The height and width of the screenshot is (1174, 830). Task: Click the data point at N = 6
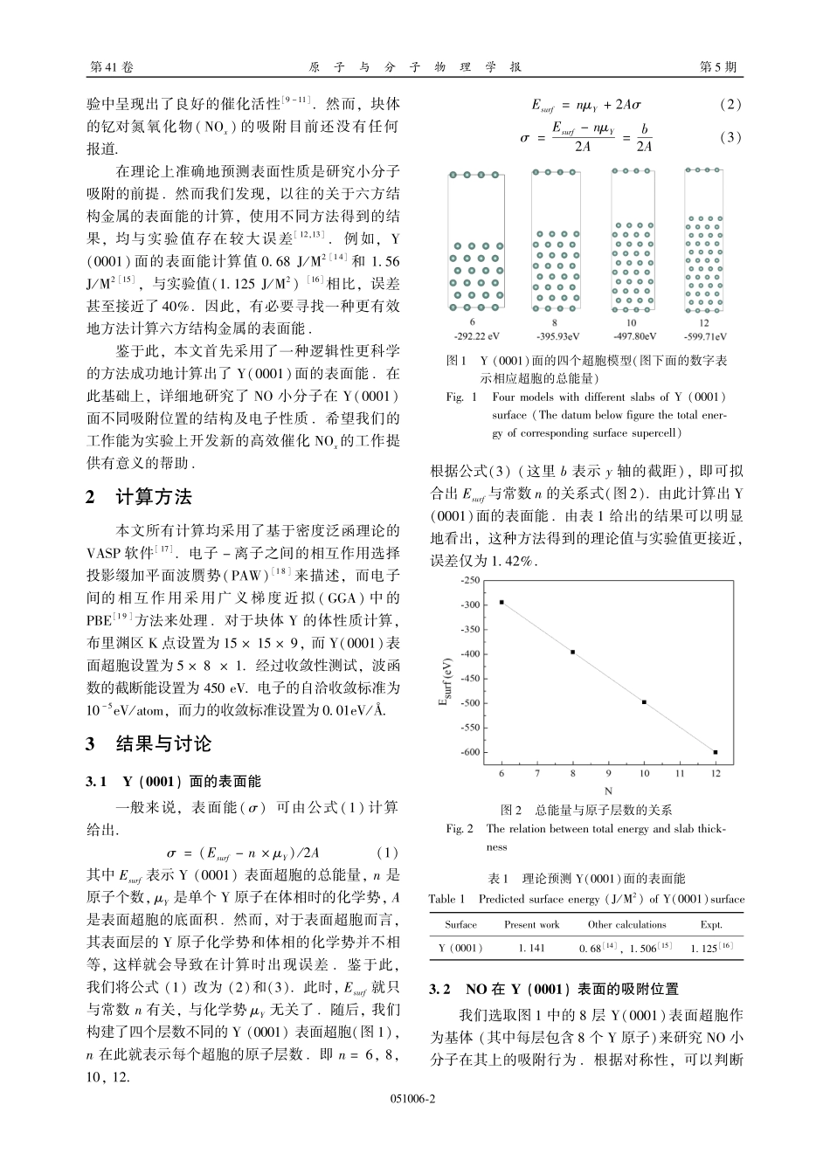tap(501, 602)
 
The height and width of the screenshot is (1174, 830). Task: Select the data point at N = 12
tap(716, 752)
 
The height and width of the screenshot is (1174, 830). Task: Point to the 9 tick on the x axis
tap(609, 773)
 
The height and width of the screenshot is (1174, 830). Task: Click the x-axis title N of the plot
tap(608, 790)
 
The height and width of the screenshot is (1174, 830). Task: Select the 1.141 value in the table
tap(531, 947)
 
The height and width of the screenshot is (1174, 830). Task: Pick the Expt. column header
tap(711, 924)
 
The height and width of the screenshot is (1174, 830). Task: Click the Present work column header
tap(531, 924)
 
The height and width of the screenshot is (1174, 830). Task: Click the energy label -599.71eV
tap(704, 336)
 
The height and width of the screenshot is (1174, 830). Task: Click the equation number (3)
tap(730, 137)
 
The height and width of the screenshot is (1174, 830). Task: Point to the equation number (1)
tap(387, 853)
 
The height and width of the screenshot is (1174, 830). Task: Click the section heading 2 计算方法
tap(139, 498)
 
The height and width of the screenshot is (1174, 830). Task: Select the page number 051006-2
tap(415, 1099)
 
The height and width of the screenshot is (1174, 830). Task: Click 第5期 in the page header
tap(718, 67)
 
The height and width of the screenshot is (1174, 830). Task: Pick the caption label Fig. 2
tap(459, 829)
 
